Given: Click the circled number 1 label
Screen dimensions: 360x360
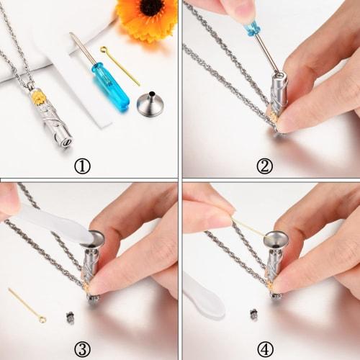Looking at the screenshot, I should pos(83,166).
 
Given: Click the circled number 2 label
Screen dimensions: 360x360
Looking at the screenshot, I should pos(264,166).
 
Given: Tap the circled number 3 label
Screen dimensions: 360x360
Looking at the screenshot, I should pos(83,350).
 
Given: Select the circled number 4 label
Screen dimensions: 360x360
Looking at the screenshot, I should pos(264,350).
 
